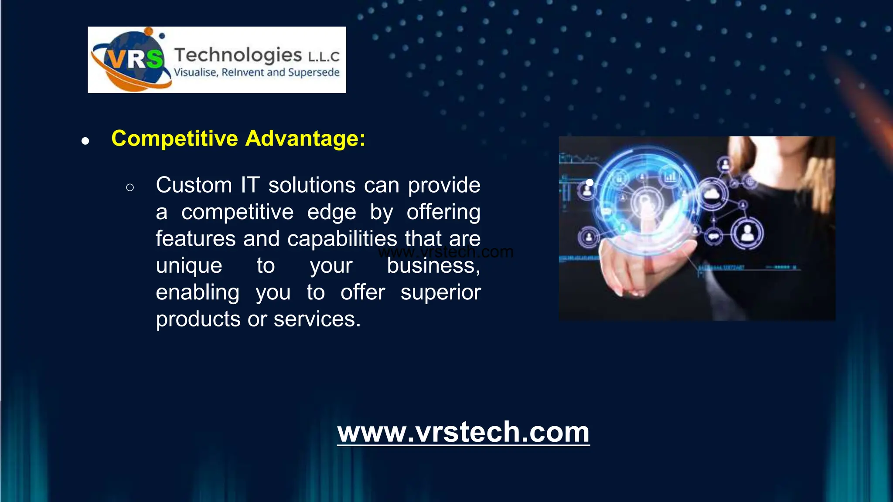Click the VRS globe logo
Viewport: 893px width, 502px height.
point(131,60)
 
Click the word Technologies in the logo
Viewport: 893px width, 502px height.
point(238,55)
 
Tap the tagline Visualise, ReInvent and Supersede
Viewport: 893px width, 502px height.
point(256,72)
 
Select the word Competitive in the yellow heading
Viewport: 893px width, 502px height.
point(175,139)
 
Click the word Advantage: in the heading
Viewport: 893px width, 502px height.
point(305,139)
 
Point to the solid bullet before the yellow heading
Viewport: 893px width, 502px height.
point(85,141)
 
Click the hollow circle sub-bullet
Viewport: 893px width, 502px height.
point(130,188)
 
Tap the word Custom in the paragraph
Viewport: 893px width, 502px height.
point(194,185)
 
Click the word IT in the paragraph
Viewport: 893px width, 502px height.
point(250,185)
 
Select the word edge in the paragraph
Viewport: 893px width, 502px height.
point(331,212)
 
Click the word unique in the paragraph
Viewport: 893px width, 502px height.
point(189,266)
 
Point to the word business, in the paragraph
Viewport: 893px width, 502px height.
point(433,266)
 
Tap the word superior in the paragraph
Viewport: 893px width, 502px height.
point(440,292)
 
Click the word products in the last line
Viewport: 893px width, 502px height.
point(198,319)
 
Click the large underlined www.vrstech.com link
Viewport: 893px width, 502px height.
point(463,432)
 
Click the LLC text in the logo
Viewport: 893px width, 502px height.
point(324,57)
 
